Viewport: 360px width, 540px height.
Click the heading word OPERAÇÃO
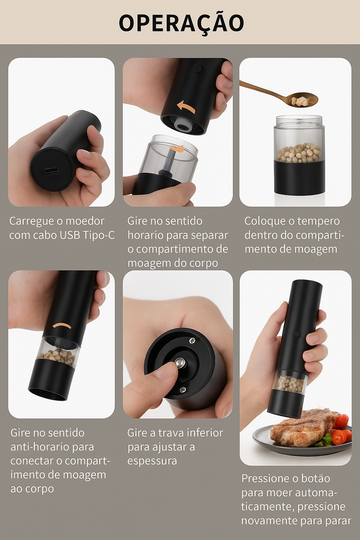pyautogui.click(x=181, y=23)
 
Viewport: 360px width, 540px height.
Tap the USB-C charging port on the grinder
pyautogui.click(x=51, y=171)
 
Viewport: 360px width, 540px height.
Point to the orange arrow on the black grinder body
pyautogui.click(x=186, y=107)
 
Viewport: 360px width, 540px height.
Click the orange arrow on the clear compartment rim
pyautogui.click(x=177, y=148)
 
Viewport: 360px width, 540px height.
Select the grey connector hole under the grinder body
pyautogui.click(x=183, y=124)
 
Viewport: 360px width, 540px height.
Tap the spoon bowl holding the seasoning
pyautogui.click(x=303, y=100)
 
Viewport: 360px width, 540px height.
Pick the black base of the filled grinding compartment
pyautogui.click(x=299, y=177)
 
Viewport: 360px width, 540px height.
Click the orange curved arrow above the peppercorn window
pyautogui.click(x=62, y=325)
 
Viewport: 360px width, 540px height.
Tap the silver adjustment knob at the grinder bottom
pyautogui.click(x=180, y=362)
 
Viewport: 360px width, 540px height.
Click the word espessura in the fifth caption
pyautogui.click(x=152, y=461)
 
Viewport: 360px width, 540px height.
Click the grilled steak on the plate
pyautogui.click(x=304, y=428)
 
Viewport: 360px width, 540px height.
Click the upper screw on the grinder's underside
pyautogui.click(x=192, y=341)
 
